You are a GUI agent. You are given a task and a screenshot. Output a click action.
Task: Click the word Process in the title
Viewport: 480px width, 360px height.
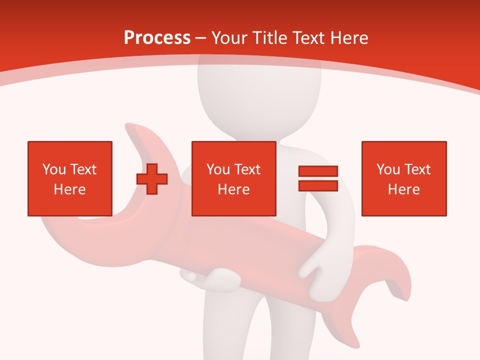(157, 38)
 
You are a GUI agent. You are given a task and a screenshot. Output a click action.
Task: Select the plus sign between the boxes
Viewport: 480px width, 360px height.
(152, 179)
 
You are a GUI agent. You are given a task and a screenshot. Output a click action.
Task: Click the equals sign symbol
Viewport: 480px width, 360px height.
(318, 178)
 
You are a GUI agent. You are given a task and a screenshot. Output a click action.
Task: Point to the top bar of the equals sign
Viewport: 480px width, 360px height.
(318, 171)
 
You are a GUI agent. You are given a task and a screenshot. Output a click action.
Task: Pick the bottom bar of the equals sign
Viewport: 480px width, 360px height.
(318, 185)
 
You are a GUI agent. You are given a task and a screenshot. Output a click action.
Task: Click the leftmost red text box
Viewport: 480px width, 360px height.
(70, 178)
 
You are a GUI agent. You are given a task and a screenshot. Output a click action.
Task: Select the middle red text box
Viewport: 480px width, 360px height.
(234, 178)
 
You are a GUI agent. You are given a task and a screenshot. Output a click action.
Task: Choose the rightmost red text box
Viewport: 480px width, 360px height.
(404, 178)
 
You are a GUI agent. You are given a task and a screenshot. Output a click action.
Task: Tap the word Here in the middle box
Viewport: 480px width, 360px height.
(234, 189)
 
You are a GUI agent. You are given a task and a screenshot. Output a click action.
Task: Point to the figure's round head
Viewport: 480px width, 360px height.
(234, 90)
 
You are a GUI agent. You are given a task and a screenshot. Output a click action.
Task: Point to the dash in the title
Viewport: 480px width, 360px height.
(200, 38)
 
